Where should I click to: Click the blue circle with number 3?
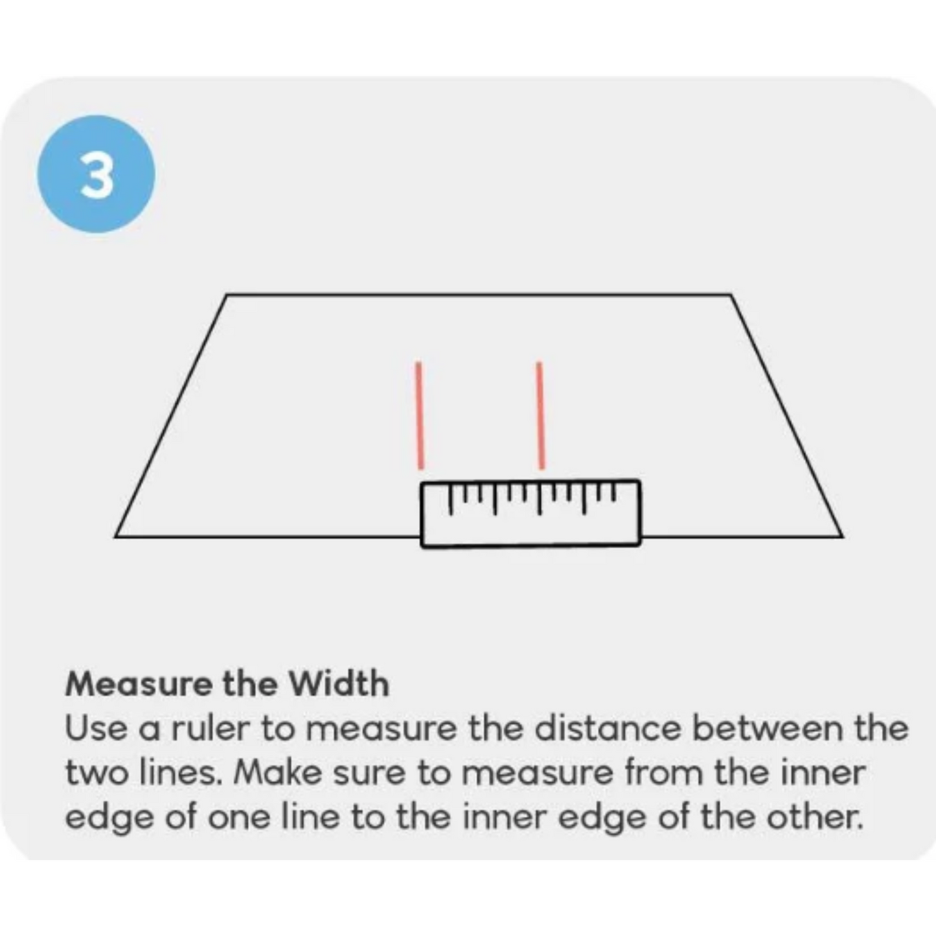(96, 174)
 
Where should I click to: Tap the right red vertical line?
(540, 415)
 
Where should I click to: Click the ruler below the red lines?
(531, 514)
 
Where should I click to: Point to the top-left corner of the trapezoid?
(227, 294)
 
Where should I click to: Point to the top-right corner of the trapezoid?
(731, 294)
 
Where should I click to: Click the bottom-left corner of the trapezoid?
(115, 536)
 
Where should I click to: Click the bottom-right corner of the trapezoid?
(843, 536)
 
